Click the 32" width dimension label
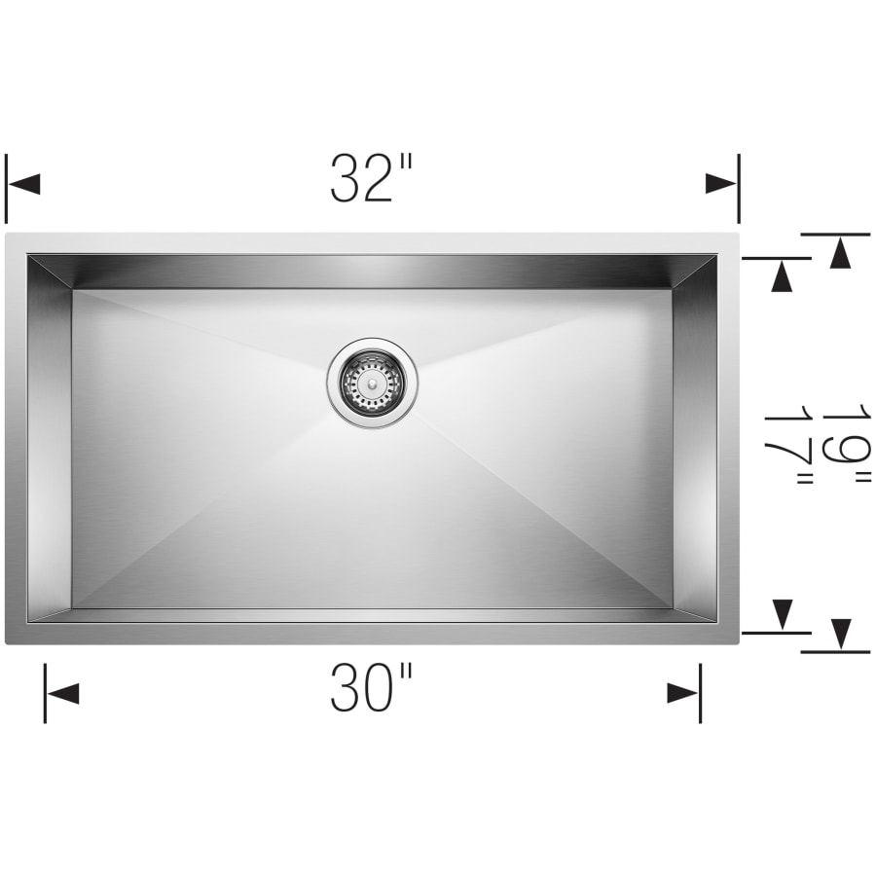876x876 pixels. [x=371, y=178]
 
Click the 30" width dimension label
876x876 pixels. [x=371, y=688]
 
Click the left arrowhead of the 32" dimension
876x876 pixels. [x=23, y=183]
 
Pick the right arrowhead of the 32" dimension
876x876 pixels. [x=722, y=183]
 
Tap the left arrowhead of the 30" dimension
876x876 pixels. [x=62, y=693]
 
